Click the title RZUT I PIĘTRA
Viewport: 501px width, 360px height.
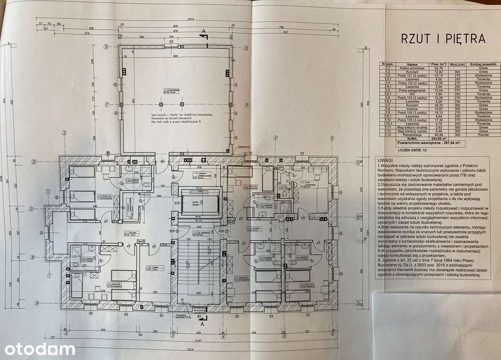pos(443,39)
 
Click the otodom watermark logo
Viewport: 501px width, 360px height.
pos(40,349)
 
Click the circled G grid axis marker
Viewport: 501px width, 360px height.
pos(106,47)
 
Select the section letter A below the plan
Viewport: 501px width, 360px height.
pos(202,323)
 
